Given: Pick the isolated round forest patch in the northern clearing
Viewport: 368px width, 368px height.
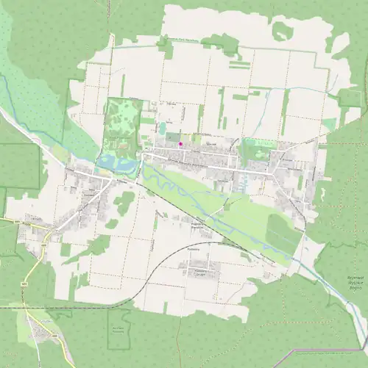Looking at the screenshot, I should pyautogui.click(x=280, y=32).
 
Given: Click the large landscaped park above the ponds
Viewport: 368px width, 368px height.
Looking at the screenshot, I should pyautogui.click(x=121, y=125).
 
